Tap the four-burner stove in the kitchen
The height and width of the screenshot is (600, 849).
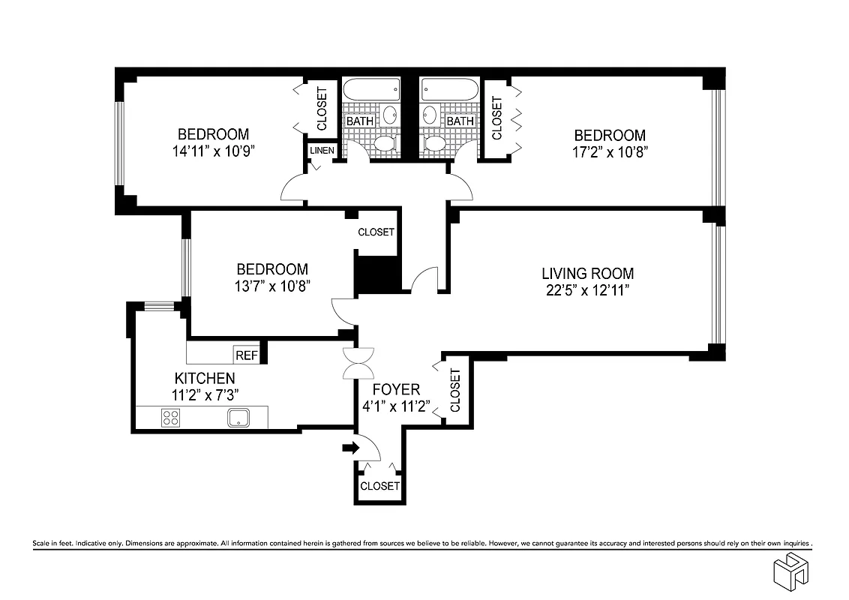pyautogui.click(x=170, y=418)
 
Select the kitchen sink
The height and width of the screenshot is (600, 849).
pyautogui.click(x=238, y=418)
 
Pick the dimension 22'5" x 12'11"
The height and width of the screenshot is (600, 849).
pyautogui.click(x=587, y=291)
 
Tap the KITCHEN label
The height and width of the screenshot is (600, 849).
pyautogui.click(x=205, y=378)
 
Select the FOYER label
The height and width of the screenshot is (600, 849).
pyautogui.click(x=396, y=390)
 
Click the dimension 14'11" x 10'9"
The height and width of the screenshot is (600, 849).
pyautogui.click(x=213, y=151)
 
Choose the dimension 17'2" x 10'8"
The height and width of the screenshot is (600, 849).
pyautogui.click(x=609, y=152)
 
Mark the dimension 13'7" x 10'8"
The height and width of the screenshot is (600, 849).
pyautogui.click(x=271, y=286)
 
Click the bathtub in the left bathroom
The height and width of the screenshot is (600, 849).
pyautogui.click(x=371, y=91)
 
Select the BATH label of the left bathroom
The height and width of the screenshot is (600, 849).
pyautogui.click(x=358, y=121)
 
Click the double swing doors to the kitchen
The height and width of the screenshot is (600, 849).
pyautogui.click(x=357, y=365)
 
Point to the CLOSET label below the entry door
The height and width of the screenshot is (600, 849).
pyautogui.click(x=379, y=486)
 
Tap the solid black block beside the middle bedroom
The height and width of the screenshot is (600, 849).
pyautogui.click(x=376, y=274)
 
